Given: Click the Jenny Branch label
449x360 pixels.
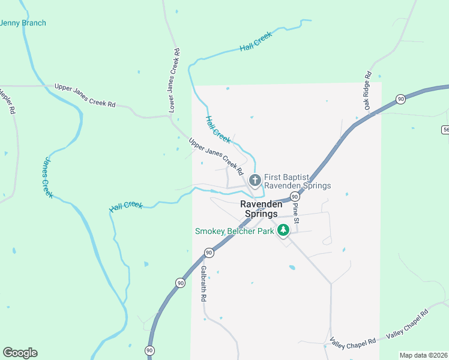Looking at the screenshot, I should point(23,23).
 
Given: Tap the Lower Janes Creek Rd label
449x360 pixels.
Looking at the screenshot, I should point(174,80).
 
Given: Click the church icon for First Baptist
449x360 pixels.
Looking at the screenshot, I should point(255,179).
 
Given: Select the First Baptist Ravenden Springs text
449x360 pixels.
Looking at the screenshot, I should point(297,181).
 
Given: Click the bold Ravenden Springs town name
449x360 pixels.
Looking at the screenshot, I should point(259,209).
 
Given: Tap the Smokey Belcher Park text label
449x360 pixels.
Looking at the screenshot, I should point(234,231).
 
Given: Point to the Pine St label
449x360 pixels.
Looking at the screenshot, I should point(296,214).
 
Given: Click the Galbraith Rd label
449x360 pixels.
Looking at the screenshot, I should point(204,283).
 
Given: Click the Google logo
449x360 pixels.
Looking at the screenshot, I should point(20,352).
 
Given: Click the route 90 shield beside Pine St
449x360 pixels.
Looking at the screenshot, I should point(295,197).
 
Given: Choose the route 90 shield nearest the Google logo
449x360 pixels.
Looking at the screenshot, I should point(149,350).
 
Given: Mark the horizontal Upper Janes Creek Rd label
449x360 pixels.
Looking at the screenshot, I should point(85,95).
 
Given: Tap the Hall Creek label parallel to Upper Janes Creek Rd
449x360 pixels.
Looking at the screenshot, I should point(218,129).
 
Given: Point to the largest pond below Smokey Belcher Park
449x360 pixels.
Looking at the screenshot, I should point(292,267).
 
